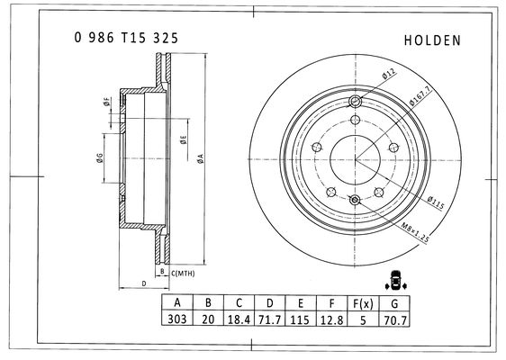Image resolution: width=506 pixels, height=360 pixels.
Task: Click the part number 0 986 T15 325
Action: tap(126, 38)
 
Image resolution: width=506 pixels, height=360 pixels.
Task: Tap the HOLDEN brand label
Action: tap(432, 40)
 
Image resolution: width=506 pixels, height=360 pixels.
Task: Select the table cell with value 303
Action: tap(177, 319)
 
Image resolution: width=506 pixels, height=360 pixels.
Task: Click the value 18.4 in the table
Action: tap(239, 319)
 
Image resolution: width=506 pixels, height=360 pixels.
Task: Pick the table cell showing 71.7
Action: tap(270, 319)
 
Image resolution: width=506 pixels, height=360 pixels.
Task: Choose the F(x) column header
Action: tap(363, 303)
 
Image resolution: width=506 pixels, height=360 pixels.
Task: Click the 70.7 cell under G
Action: tap(395, 320)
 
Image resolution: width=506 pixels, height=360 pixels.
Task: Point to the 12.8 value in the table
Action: tap(331, 319)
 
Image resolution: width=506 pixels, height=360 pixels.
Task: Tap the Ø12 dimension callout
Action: tap(389, 74)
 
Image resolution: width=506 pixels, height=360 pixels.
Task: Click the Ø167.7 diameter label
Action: tap(420, 96)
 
